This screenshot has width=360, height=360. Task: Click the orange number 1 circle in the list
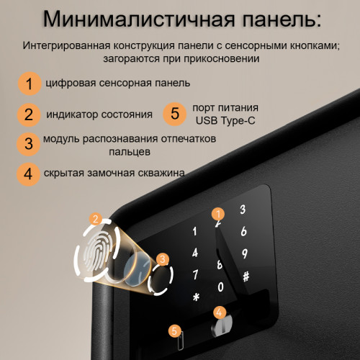click(29, 84)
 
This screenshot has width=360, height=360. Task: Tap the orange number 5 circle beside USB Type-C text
click(174, 113)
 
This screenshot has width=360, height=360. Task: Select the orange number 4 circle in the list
click(28, 174)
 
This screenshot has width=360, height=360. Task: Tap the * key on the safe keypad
click(194, 297)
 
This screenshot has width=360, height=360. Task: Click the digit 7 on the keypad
click(194, 275)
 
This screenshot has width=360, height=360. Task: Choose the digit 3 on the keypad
click(243, 210)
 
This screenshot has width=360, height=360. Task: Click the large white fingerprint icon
click(96, 248)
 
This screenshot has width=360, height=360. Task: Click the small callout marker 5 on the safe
click(173, 330)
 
